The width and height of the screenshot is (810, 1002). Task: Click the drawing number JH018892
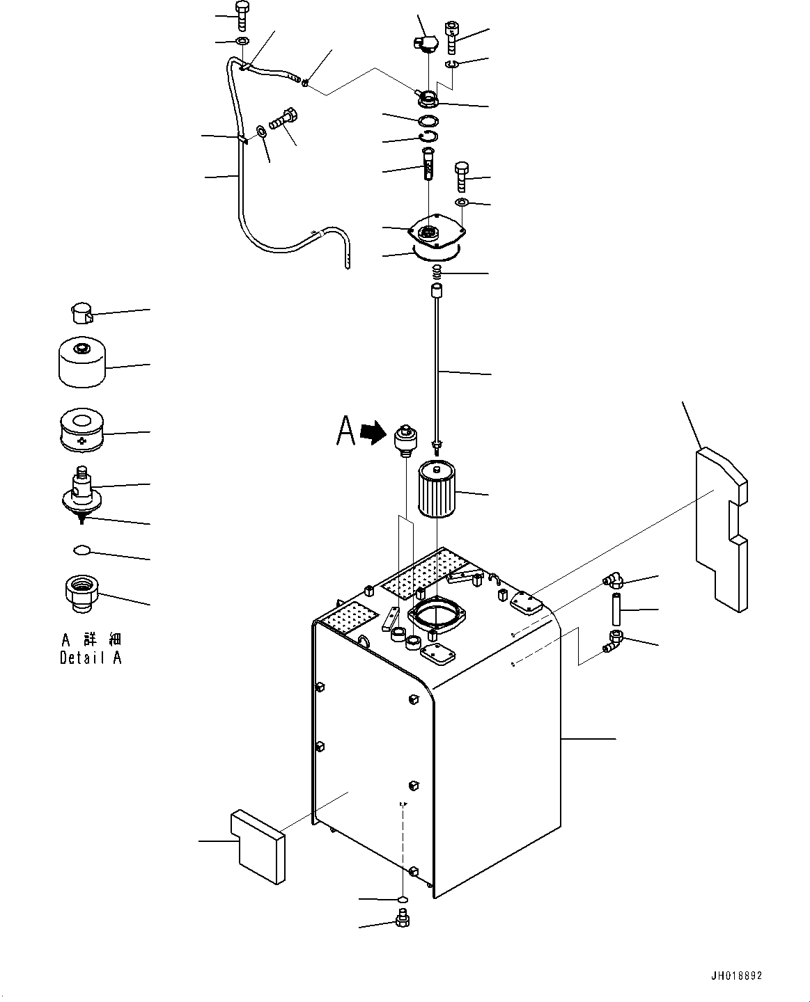[x=736, y=976]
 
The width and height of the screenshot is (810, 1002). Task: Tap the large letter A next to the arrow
[x=345, y=431]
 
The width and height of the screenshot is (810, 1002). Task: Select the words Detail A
[x=91, y=658]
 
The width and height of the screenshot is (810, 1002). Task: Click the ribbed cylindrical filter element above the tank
[x=437, y=489]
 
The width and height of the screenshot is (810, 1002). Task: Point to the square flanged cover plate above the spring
[x=437, y=232]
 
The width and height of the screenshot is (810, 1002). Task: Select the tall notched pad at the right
[x=722, y=530]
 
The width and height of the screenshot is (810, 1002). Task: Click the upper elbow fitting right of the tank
[x=613, y=580]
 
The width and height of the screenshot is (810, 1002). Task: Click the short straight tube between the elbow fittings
[x=616, y=609]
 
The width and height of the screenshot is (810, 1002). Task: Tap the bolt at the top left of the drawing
[x=242, y=15]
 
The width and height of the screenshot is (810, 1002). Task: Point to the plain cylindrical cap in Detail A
[x=82, y=362]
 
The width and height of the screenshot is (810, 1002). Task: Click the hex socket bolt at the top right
[x=452, y=37]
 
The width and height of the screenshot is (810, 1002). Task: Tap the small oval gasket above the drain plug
[x=403, y=900]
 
